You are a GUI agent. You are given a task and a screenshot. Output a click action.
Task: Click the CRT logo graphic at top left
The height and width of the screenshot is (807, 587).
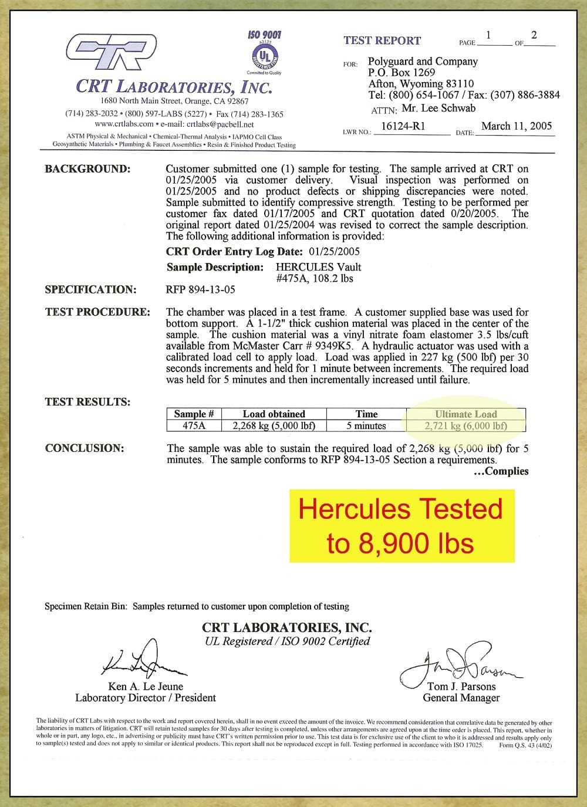tap(111, 52)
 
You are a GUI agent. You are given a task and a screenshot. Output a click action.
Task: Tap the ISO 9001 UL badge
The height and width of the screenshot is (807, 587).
tap(264, 52)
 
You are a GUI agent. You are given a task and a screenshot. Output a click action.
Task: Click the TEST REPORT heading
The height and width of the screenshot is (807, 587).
tap(382, 40)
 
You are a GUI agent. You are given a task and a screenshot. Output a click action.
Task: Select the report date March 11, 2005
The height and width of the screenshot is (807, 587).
tap(517, 126)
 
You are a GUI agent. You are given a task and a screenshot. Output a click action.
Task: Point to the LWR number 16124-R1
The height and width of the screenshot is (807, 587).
tap(403, 126)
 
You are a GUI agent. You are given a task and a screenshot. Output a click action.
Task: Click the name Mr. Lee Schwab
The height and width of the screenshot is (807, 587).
tap(439, 108)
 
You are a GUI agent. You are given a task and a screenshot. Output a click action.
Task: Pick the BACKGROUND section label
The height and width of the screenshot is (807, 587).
tap(87, 169)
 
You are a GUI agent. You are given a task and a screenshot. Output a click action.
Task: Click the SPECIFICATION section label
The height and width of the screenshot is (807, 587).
tap(90, 289)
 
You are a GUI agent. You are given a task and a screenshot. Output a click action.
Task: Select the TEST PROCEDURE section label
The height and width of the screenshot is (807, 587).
tap(97, 312)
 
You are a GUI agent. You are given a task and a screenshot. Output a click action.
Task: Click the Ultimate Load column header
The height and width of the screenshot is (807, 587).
tap(465, 414)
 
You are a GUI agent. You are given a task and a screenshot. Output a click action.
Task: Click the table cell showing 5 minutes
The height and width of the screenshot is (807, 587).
tap(366, 426)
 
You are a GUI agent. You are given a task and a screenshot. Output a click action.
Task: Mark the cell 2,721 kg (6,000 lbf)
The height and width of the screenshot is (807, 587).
tap(465, 426)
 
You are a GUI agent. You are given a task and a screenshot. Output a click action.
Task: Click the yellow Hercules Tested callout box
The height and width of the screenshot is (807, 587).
tap(401, 526)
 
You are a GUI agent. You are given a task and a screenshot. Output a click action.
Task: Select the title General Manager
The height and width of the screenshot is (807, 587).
tap(461, 698)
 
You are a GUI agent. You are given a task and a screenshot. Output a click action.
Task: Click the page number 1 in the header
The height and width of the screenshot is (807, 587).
tap(488, 36)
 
